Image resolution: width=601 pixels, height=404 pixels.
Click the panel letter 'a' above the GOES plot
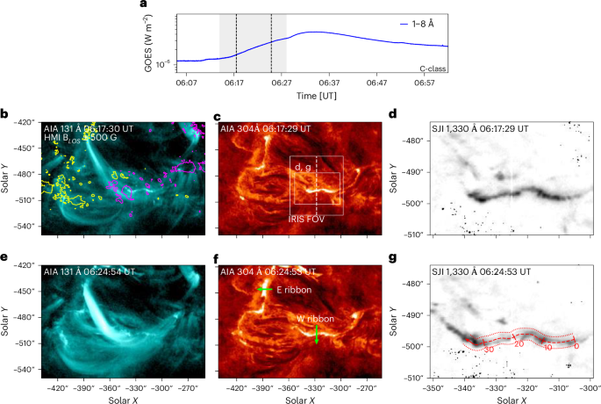(x=144, y=5)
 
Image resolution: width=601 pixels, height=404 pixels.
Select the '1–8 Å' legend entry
(x=428, y=24)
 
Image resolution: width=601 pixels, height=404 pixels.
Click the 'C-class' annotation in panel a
(x=432, y=67)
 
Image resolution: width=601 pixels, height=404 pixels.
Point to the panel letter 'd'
(x=392, y=113)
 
